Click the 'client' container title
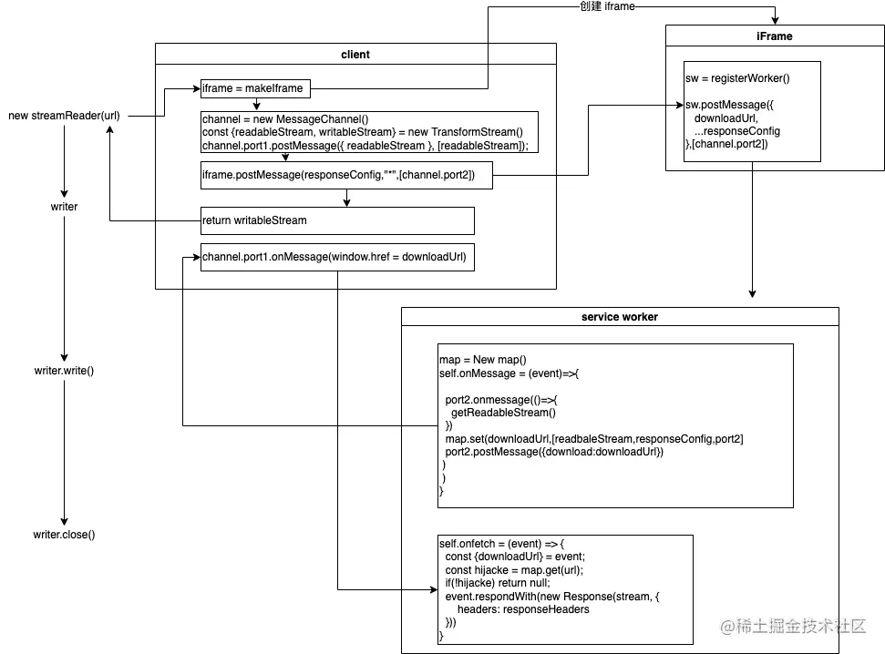355,54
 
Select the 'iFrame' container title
774,36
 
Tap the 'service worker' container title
619,317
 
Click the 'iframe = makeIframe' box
255,88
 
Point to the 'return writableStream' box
337,220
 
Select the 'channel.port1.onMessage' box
337,257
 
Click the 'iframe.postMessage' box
346,175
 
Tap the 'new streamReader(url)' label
64,116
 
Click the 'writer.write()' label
64,371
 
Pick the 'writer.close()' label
64,535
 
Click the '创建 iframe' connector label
607,7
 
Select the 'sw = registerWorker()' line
737,78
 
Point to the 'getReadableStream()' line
497,413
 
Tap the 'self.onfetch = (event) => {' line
501,543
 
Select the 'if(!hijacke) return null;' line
498,583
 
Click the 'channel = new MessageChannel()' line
285,119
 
